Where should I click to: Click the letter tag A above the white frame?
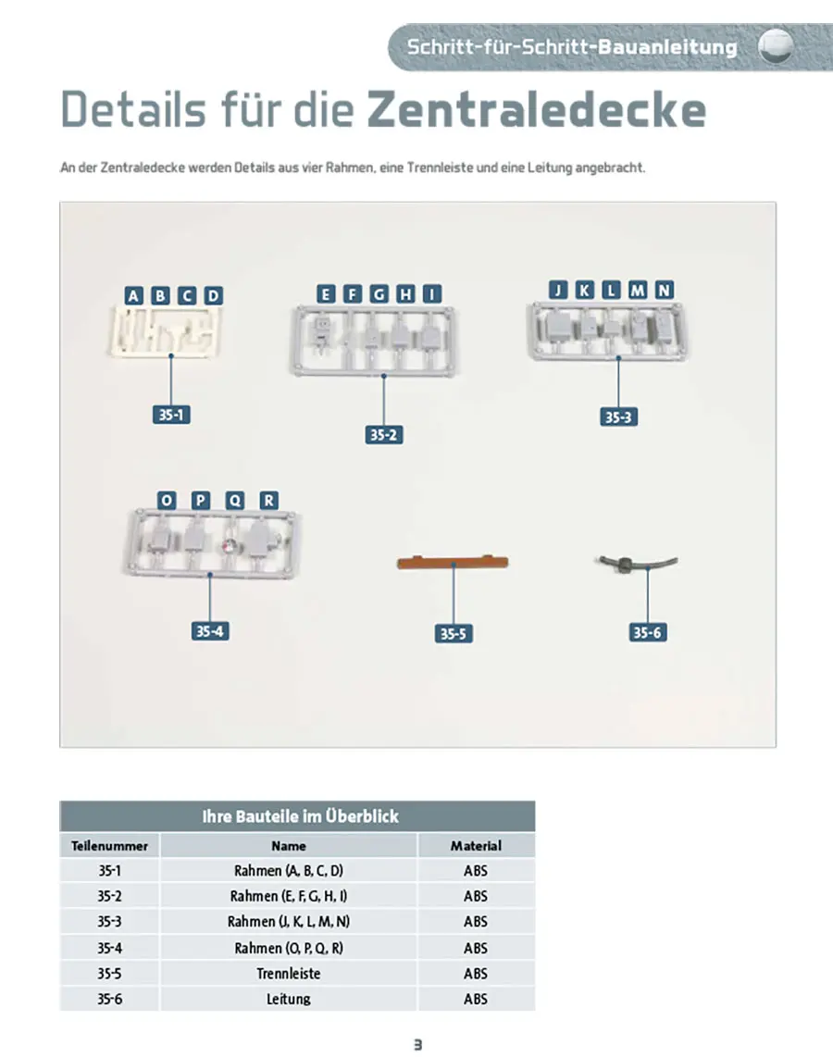[133, 295]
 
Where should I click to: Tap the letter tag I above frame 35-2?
[432, 294]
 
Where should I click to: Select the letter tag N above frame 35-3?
[664, 290]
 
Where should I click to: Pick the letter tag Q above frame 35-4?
[234, 500]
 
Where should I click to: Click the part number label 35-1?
[171, 415]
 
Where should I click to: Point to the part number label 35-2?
[383, 435]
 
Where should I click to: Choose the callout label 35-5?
[453, 634]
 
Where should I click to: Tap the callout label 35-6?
[648, 632]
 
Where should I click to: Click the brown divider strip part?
[453, 562]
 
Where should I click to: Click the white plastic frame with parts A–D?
[166, 331]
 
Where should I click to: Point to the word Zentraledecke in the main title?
[537, 109]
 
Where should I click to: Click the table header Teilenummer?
[109, 845]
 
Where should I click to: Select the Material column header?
[476, 845]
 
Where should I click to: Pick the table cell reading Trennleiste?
[289, 974]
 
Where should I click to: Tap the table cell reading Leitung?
[289, 999]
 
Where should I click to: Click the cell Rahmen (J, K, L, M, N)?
[289, 922]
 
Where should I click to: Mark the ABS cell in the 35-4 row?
[475, 948]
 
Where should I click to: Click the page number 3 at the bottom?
[417, 1044]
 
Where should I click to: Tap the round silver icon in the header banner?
[776, 46]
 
